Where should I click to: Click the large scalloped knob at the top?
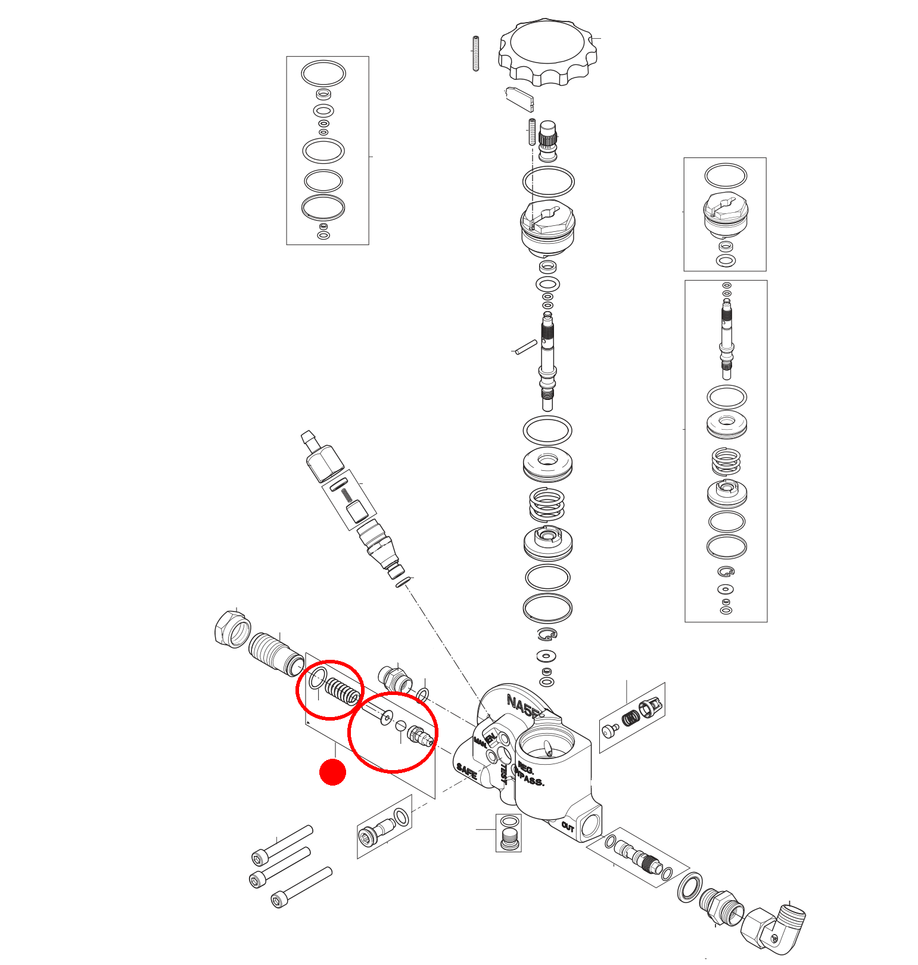pos(547,51)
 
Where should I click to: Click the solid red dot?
pos(332,772)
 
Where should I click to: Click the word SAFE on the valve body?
pos(466,772)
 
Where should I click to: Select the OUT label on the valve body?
pos(568,827)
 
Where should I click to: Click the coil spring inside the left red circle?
pos(343,690)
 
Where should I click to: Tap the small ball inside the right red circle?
pos(401,726)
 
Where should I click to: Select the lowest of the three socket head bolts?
pos(301,887)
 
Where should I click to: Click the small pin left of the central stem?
pos(526,347)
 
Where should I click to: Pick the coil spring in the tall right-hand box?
pos(726,461)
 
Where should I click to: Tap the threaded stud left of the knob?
pos(475,54)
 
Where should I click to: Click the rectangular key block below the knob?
pos(520,100)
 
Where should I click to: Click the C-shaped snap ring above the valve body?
pos(547,634)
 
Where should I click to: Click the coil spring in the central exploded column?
pos(546,504)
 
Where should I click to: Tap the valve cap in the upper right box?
pos(725,215)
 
